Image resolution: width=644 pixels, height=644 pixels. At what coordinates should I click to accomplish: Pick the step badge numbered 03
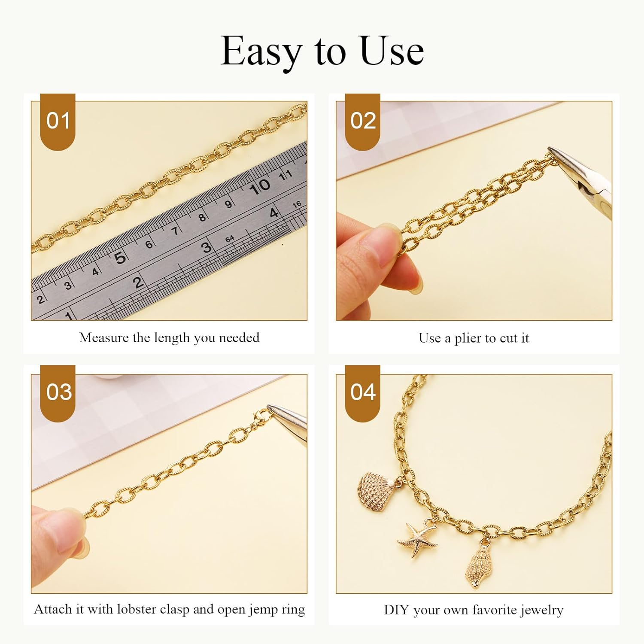point(58,392)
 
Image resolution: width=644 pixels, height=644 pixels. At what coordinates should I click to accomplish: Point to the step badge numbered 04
point(363,392)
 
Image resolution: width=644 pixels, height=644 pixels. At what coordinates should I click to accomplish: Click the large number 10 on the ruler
point(259,186)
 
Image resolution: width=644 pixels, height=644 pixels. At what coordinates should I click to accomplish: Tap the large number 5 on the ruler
point(120,258)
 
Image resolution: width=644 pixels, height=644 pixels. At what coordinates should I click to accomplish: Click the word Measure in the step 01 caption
point(103,338)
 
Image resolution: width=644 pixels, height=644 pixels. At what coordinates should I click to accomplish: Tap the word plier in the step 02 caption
point(468,338)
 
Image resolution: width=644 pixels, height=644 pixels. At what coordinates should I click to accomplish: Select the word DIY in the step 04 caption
point(396,610)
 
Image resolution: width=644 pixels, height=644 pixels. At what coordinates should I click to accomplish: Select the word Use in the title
point(391,52)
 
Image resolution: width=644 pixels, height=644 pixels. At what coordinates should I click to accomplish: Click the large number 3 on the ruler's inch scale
point(207,247)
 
